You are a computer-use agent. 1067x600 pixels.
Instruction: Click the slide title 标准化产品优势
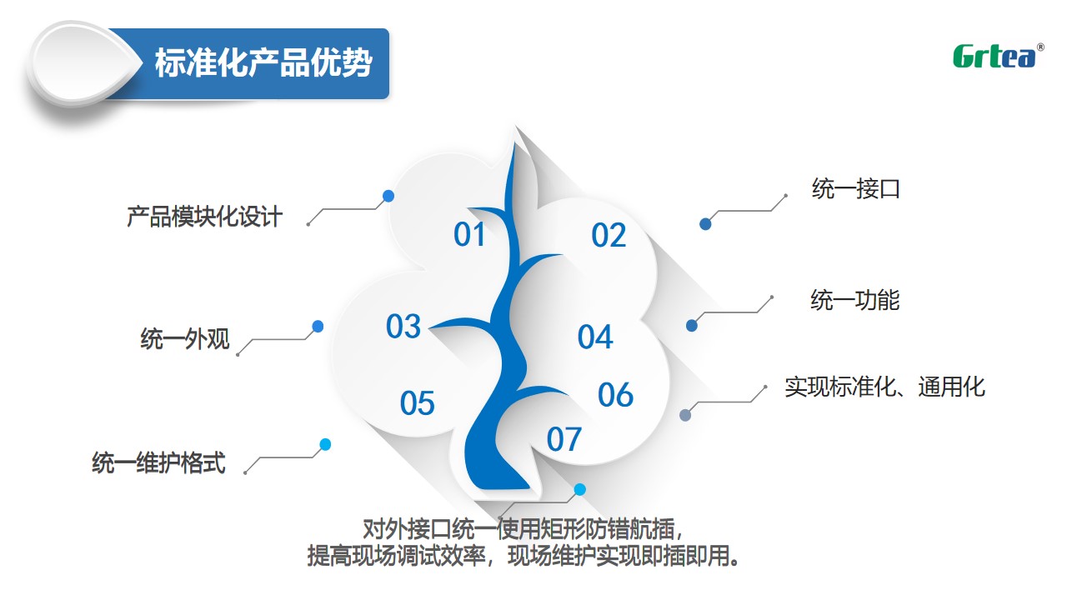(x=263, y=62)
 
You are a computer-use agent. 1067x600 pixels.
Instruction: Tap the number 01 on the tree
(x=469, y=234)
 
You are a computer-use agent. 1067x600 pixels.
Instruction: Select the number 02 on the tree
(x=609, y=235)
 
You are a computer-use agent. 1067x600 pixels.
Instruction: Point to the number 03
(x=403, y=326)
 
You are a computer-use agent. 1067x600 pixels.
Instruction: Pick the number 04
(x=595, y=337)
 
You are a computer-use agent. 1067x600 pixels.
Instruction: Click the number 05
(x=418, y=403)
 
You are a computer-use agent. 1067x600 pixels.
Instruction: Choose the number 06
(x=615, y=395)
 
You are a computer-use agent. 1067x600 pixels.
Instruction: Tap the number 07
(x=564, y=439)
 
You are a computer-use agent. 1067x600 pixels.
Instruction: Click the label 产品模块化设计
(x=205, y=217)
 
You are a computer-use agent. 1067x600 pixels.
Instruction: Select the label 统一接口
(x=856, y=188)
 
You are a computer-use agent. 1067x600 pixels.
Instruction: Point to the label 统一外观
(x=185, y=338)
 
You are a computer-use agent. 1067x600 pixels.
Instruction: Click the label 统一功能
(x=855, y=300)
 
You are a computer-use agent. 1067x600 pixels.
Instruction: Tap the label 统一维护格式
(x=158, y=462)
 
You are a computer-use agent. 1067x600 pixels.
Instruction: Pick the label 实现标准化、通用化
(x=885, y=387)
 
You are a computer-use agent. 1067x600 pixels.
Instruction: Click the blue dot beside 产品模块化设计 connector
(x=388, y=196)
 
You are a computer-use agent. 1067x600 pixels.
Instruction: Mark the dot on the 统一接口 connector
(x=705, y=224)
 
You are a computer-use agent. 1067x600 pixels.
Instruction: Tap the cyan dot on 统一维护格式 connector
(x=325, y=445)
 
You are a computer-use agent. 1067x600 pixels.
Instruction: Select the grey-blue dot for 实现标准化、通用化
(x=685, y=415)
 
